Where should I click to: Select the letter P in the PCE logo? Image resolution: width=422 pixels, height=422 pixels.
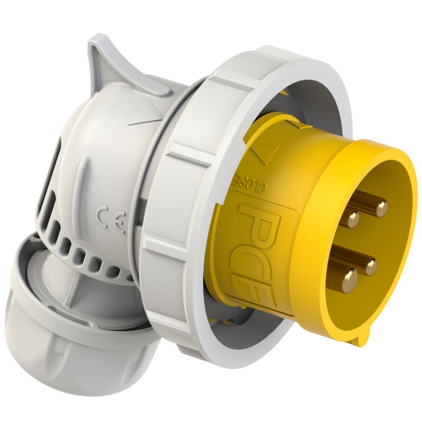point(258,211)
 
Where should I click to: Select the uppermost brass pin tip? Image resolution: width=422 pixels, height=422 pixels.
point(381,208)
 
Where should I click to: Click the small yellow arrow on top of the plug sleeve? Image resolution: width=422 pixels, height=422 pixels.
point(294,124)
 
